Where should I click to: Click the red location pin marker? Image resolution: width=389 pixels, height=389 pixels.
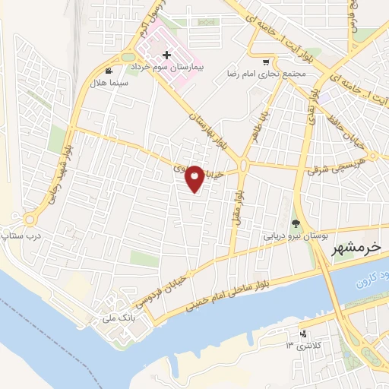[195, 178]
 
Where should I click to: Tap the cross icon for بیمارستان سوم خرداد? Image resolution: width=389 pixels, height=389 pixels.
[166, 55]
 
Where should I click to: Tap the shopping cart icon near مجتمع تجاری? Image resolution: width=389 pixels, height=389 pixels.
[265, 63]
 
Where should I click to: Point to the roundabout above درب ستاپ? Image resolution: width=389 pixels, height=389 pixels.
[30, 220]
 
